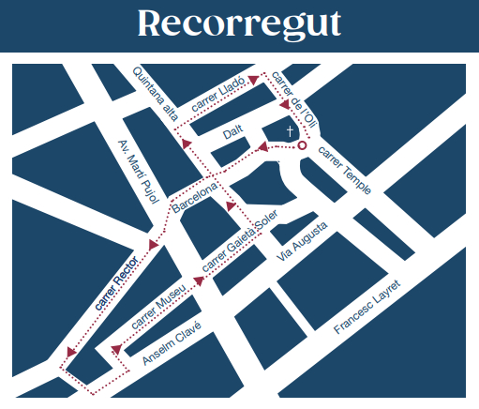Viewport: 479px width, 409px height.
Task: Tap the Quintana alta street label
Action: coord(155,92)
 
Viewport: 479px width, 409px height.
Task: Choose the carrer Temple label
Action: coord(344,169)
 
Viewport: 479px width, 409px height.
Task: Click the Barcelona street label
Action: coord(194,195)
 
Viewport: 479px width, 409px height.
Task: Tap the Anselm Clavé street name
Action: coord(172,344)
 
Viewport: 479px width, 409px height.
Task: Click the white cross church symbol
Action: coord(291,131)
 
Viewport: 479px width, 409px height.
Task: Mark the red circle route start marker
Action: coord(302,146)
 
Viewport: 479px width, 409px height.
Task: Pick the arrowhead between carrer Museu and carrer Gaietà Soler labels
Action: coord(198,279)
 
